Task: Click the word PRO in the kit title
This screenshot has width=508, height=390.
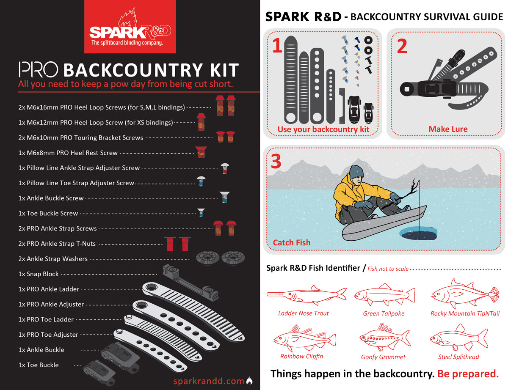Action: pos(39,70)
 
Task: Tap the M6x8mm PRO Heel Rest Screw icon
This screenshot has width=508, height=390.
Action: pos(201,152)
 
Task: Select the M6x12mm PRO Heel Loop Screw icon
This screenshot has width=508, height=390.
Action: pos(201,122)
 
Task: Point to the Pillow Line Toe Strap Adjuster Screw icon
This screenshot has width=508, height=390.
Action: pos(201,181)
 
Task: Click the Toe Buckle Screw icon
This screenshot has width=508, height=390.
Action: pos(201,213)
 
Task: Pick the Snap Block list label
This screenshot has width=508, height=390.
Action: pos(39,274)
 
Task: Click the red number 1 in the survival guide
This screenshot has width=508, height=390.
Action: pos(277,45)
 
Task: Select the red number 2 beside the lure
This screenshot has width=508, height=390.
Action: pos(402,46)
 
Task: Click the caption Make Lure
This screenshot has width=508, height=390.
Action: pos(448,129)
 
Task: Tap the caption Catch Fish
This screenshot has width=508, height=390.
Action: pos(292,242)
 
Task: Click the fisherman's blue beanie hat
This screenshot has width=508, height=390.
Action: pos(356,172)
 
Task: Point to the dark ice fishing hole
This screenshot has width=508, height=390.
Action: pos(418,233)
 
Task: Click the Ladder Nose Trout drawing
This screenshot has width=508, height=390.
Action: pos(306,295)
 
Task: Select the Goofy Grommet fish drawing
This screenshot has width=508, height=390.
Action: pos(384,338)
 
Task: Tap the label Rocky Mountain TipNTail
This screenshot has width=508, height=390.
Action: pos(465,313)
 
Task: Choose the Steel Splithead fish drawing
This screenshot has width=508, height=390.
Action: pos(459,338)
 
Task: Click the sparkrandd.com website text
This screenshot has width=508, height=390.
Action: pos(209,381)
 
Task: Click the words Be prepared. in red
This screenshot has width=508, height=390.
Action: pos(468,374)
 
